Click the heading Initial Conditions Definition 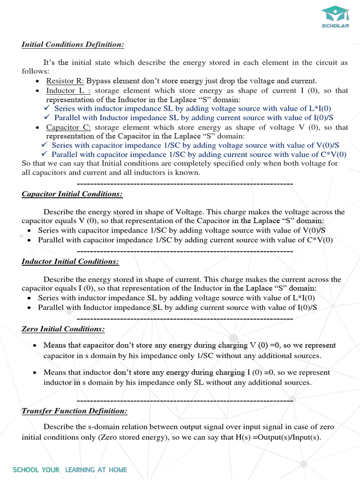click(73, 45)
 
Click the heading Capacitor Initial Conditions click(72, 194)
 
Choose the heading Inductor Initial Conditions click(70, 262)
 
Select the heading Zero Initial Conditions click(63, 329)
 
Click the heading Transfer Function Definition click(75, 411)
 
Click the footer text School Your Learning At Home click(70, 470)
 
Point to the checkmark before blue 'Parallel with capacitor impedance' click(45, 155)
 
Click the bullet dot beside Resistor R click(37, 82)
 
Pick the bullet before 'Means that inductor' click(35, 373)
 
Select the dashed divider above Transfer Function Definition click(185, 401)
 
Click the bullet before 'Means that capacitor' click(35, 345)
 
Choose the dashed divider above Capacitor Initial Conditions click(185, 183)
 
